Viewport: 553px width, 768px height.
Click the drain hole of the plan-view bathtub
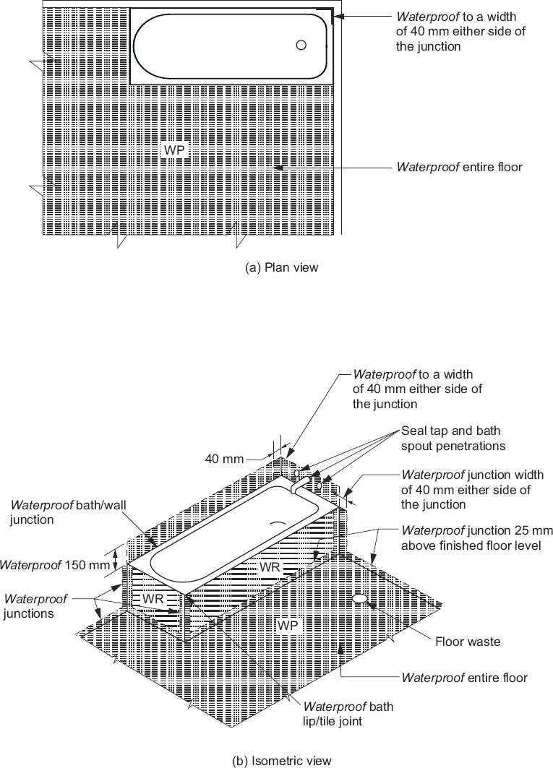(x=301, y=45)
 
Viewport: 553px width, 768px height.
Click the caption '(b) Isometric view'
(x=282, y=760)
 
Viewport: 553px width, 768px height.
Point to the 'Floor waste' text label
(x=467, y=642)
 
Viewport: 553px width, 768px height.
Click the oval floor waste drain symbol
(x=360, y=598)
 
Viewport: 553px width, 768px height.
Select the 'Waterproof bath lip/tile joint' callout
(x=348, y=713)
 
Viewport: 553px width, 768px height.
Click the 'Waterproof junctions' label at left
(x=36, y=605)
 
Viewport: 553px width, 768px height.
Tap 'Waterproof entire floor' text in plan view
(x=459, y=167)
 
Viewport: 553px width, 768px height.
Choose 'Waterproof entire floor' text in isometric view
(x=464, y=678)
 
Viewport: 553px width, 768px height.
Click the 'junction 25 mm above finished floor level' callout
(x=471, y=538)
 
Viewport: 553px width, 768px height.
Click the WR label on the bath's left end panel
(x=152, y=599)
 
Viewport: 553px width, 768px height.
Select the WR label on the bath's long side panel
(x=270, y=567)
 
